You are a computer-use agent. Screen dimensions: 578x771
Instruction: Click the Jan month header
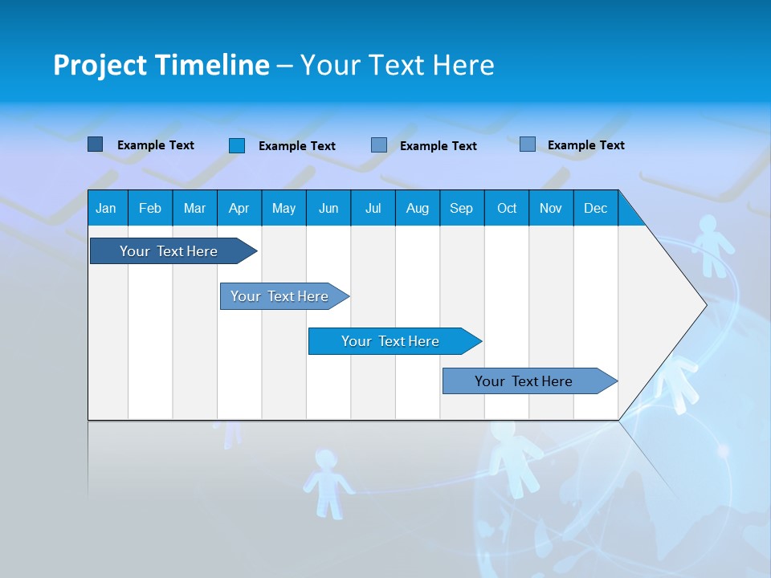[106, 208]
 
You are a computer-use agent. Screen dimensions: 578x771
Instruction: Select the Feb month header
[150, 208]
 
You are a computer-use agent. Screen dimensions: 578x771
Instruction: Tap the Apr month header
[239, 208]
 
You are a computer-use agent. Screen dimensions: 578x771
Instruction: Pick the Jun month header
[328, 208]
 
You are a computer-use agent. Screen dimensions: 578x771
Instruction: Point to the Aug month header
[417, 208]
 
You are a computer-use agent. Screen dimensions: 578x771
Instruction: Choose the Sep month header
[461, 208]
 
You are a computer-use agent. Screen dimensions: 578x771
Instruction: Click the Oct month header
[507, 208]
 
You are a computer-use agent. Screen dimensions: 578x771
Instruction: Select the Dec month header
[595, 208]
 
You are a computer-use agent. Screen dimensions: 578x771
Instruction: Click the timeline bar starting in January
[169, 251]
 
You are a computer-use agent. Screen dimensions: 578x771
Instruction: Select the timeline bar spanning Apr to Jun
[279, 296]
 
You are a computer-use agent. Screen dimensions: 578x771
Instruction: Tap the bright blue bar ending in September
[390, 341]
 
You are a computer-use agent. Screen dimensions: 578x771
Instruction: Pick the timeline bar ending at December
[524, 381]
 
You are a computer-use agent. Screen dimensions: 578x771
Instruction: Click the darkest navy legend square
[95, 144]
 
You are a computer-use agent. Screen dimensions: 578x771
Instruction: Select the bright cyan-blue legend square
[237, 145]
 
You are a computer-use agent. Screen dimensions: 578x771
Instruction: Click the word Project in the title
[101, 65]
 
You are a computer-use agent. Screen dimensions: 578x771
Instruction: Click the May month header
[284, 208]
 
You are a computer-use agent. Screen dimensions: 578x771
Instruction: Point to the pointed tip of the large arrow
[704, 305]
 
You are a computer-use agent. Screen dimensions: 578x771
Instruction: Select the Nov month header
[551, 208]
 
